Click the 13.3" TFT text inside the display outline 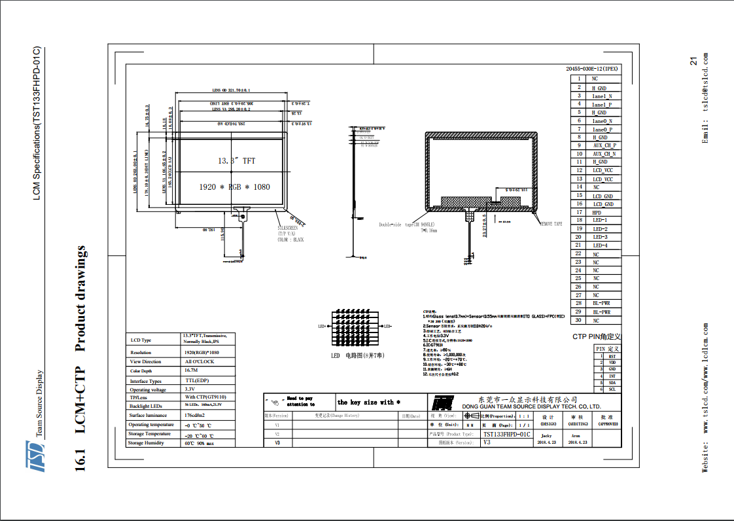(x=236, y=160)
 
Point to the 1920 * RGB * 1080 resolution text (x=234, y=187)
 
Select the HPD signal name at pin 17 (x=597, y=212)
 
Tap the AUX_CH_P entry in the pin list (x=604, y=145)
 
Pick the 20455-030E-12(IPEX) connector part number (x=591, y=69)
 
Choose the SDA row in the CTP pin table (x=612, y=383)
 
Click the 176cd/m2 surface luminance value (x=198, y=416)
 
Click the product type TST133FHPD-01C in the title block (x=506, y=434)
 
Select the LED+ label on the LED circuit (x=323, y=326)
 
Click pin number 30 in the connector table (x=578, y=320)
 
